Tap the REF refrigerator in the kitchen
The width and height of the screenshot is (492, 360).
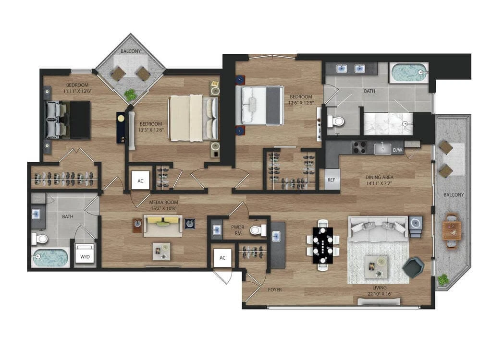tap(332, 180)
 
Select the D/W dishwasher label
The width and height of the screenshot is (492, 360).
tap(397, 150)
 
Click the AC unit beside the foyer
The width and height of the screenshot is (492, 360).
tap(222, 258)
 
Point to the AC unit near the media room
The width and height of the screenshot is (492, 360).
tap(141, 180)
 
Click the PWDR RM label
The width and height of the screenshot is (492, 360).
tap(237, 230)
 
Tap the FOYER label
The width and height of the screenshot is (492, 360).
tap(275, 290)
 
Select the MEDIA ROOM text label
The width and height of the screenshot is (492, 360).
tap(163, 202)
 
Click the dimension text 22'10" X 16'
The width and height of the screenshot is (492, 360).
tap(380, 294)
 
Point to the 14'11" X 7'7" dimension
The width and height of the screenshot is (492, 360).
tap(379, 183)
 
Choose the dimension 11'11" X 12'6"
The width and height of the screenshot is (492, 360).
tap(77, 91)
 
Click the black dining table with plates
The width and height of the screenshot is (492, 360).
tap(323, 245)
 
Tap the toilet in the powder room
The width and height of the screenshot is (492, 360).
tap(258, 230)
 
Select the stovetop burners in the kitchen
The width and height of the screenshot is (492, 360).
tap(360, 147)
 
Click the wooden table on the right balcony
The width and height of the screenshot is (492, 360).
tap(452, 230)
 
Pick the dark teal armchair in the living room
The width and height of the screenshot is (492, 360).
tap(414, 267)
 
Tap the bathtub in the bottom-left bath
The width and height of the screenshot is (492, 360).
tap(50, 258)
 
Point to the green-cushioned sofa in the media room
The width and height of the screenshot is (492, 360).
tap(162, 226)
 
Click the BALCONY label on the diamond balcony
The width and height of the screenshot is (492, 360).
tap(131, 51)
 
